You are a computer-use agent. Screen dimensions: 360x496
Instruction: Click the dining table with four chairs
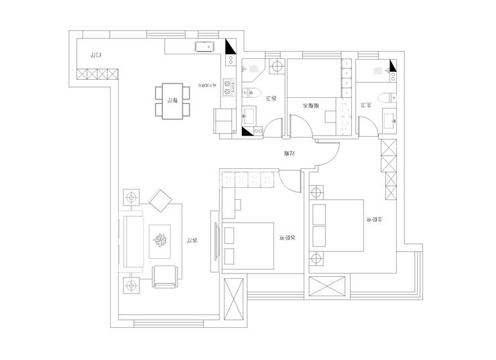click(x=172, y=101)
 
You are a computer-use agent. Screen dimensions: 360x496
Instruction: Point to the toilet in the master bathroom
click(x=387, y=97)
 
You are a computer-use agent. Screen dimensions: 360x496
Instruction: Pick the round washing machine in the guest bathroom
click(x=276, y=66)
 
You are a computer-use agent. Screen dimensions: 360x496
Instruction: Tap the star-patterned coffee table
click(x=161, y=239)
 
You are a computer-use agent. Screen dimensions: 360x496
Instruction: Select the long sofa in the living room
click(x=130, y=239)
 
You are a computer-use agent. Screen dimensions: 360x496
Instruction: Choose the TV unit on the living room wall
click(x=214, y=238)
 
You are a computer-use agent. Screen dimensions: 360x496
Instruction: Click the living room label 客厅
click(x=192, y=240)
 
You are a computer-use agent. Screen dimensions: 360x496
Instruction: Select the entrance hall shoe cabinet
click(x=97, y=73)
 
